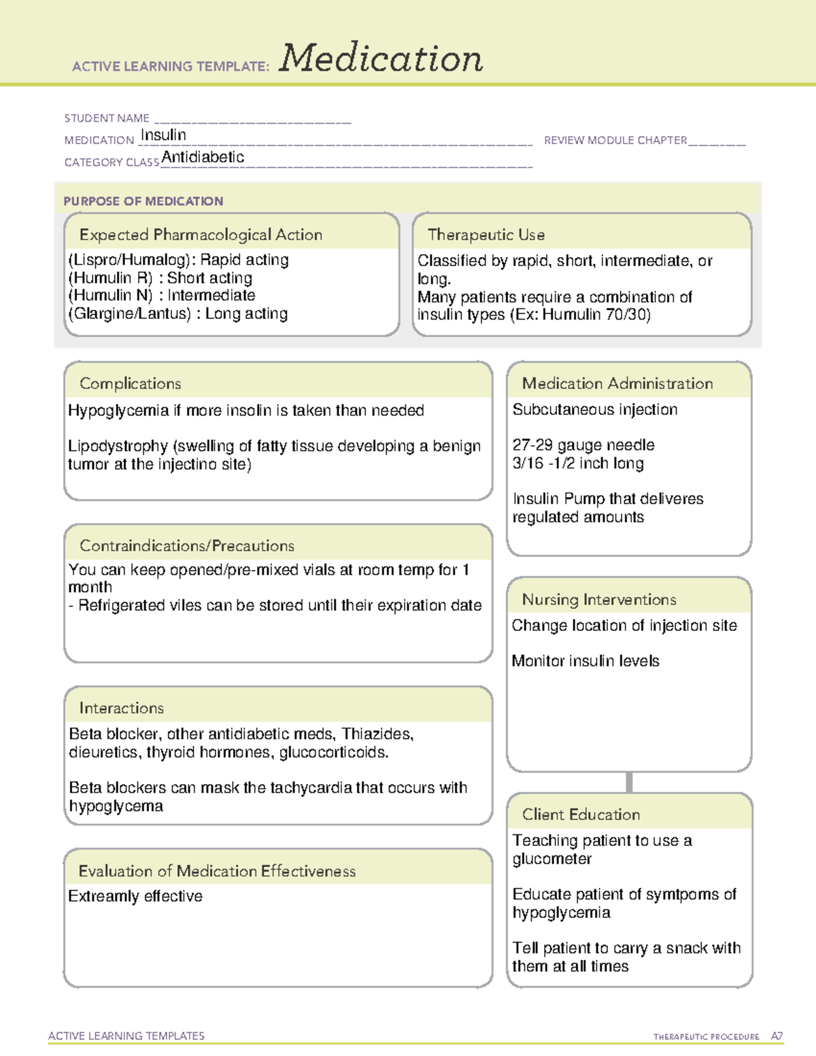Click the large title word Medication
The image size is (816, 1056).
(x=381, y=58)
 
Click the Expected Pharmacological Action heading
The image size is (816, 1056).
(x=201, y=235)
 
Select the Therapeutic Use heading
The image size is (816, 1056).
(x=486, y=235)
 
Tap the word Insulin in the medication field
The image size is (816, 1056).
(x=163, y=135)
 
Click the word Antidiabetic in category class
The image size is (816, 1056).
(x=203, y=157)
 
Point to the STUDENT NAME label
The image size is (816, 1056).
(x=107, y=118)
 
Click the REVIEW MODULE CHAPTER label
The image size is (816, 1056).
(x=615, y=140)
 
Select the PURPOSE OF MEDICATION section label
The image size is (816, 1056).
(x=143, y=201)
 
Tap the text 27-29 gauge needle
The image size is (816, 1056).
(x=583, y=445)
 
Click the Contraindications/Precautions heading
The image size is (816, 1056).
(x=187, y=546)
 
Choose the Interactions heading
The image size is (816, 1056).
(x=121, y=709)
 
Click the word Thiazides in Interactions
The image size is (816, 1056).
(x=377, y=734)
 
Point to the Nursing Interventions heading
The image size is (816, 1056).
(x=599, y=600)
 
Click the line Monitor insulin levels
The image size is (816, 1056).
(x=585, y=661)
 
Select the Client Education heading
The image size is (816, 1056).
(x=581, y=815)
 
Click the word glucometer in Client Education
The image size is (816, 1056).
(x=551, y=859)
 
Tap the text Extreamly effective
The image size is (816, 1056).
(x=135, y=896)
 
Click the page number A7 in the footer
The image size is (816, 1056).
(x=776, y=1036)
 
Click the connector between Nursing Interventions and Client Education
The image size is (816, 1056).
(x=629, y=782)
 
